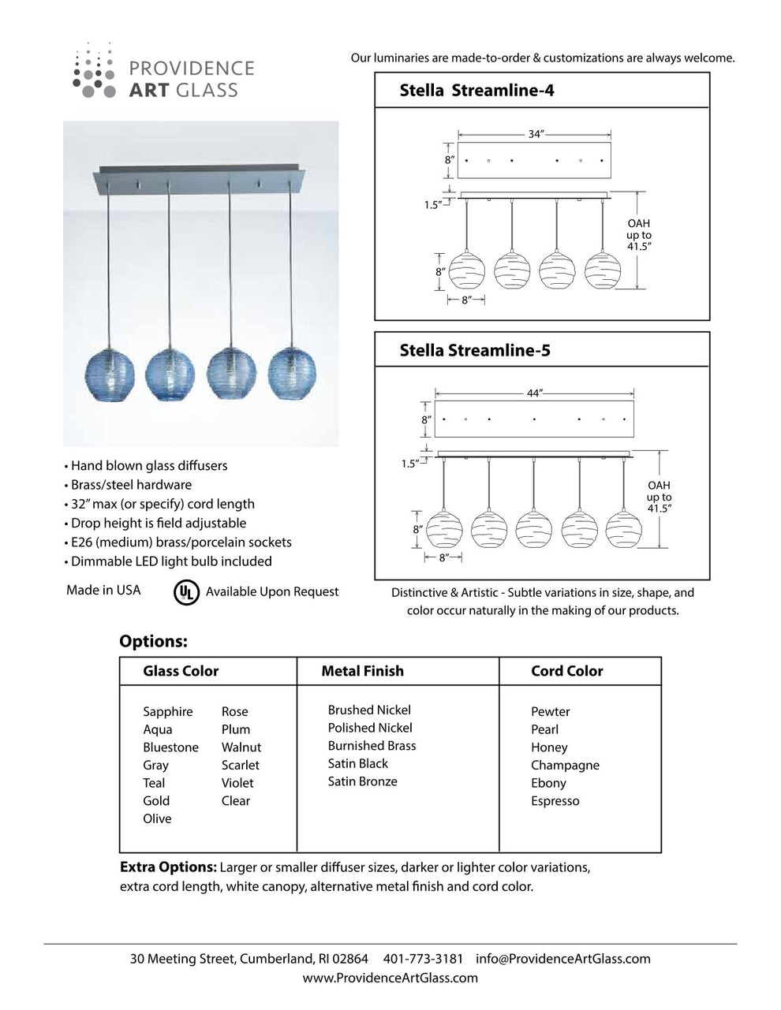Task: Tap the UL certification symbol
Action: pos(186,592)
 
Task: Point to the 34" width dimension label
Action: pos(536,135)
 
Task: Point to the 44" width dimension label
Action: pos(535,393)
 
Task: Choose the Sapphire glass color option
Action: pos(168,712)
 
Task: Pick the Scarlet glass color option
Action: pos(240,765)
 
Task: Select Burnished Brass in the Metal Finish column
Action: pos(372,746)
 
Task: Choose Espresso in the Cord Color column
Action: pos(555,801)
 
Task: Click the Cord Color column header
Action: pos(566,672)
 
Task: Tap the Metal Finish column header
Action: pos(362,672)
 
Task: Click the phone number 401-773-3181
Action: pos(423,960)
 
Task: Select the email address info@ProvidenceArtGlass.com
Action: pos(563,960)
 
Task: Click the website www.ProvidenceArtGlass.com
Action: pos(390,978)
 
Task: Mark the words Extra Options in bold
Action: pos(168,867)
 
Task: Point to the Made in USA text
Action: pos(103,591)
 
